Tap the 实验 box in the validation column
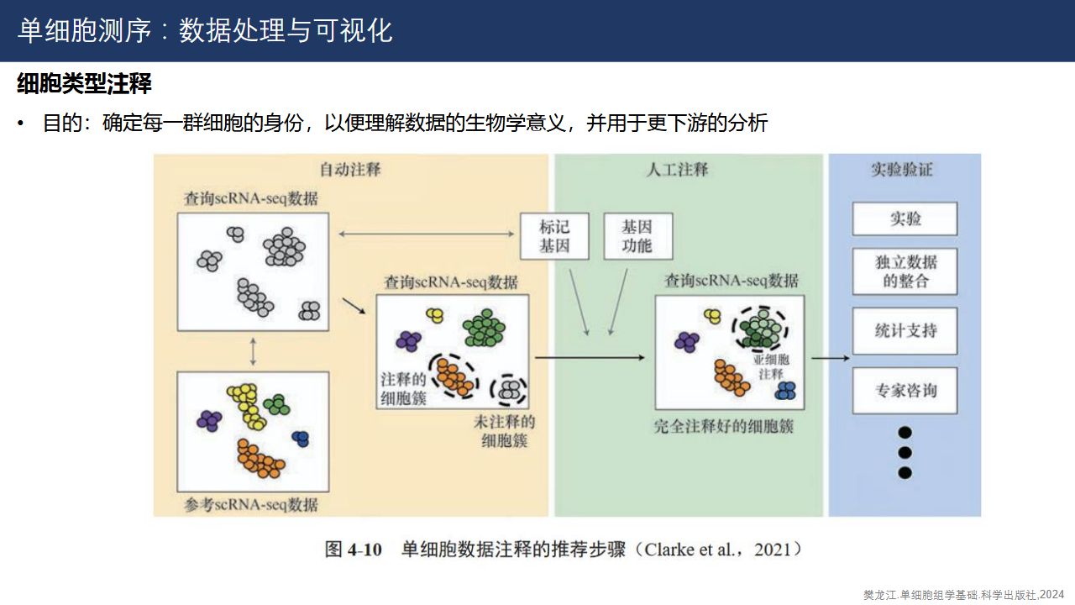coord(905,218)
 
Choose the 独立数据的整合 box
coord(905,271)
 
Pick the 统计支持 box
coord(905,330)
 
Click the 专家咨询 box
coord(905,391)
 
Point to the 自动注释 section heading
coord(350,169)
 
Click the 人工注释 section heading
coord(678,169)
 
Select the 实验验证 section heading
coord(902,169)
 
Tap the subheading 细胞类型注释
coord(84,84)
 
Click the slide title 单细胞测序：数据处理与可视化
coord(205,31)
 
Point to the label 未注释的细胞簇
coord(504,430)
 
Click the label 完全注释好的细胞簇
coord(724,426)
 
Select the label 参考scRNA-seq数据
coord(251,504)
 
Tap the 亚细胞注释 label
coord(770,366)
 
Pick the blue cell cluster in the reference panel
coord(301,438)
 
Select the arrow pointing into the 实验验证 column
coord(831,358)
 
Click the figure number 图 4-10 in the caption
coord(354,550)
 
